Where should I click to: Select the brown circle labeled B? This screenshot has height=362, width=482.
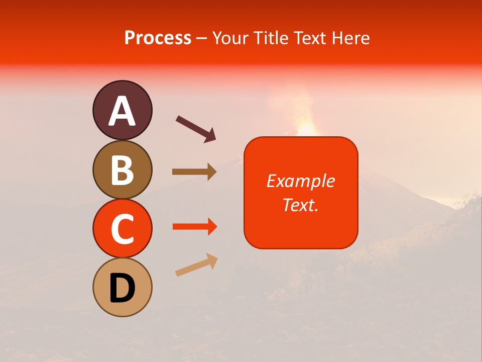point(122,169)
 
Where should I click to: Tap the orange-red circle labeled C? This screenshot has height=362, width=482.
point(122,228)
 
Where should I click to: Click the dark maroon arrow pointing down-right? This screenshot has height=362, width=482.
point(196,129)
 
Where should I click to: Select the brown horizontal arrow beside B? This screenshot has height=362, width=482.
point(194,172)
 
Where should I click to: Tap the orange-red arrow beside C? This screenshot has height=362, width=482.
point(194,227)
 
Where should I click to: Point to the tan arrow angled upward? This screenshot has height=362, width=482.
point(196,265)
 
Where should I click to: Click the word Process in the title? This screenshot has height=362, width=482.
point(158,38)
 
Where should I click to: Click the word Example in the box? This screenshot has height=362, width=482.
point(300,181)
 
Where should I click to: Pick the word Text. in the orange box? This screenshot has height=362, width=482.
point(300,205)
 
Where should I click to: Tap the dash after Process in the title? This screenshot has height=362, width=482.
point(202,39)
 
